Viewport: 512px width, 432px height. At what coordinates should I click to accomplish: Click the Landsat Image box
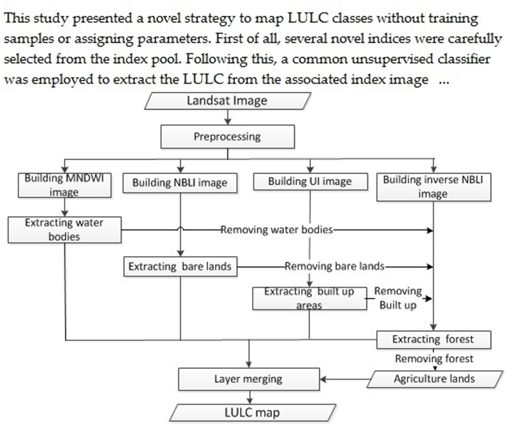click(227, 101)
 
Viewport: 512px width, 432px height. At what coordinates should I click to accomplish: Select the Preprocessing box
click(227, 137)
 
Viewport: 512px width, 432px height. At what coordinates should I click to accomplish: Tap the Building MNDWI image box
click(59, 186)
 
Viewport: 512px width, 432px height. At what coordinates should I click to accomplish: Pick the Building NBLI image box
click(179, 182)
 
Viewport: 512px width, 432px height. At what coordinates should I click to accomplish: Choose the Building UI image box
click(310, 181)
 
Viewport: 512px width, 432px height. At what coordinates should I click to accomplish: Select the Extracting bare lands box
click(179, 266)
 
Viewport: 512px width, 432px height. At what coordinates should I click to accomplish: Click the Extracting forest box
click(433, 339)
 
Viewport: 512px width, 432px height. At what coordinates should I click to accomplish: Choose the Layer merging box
click(248, 379)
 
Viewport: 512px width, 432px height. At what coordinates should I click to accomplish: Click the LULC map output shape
click(248, 413)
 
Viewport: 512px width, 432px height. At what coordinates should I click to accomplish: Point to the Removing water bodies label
click(276, 230)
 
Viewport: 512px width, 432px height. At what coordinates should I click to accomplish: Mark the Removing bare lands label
click(334, 266)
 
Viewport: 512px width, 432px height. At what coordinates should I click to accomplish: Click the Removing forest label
click(434, 359)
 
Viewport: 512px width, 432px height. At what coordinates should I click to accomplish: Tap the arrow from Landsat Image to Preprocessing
click(227, 118)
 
